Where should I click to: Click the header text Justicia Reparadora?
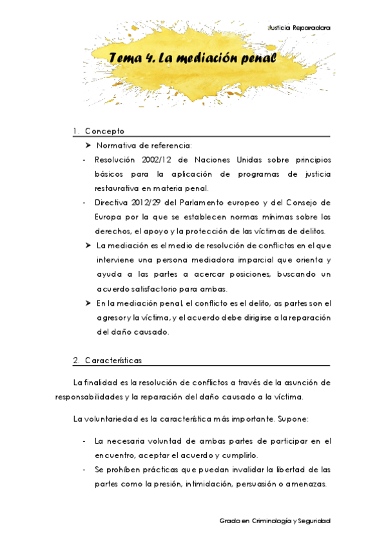pyautogui.click(x=299, y=28)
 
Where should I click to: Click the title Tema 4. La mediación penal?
pyautogui.click(x=193, y=59)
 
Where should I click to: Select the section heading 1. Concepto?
pyautogui.click(x=99, y=131)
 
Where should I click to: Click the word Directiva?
pyautogui.click(x=110, y=203)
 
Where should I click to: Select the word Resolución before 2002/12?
pyautogui.click(x=115, y=159)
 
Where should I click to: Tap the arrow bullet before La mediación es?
pyautogui.click(x=89, y=246)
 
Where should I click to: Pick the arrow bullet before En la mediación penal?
pyautogui.click(x=89, y=303)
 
